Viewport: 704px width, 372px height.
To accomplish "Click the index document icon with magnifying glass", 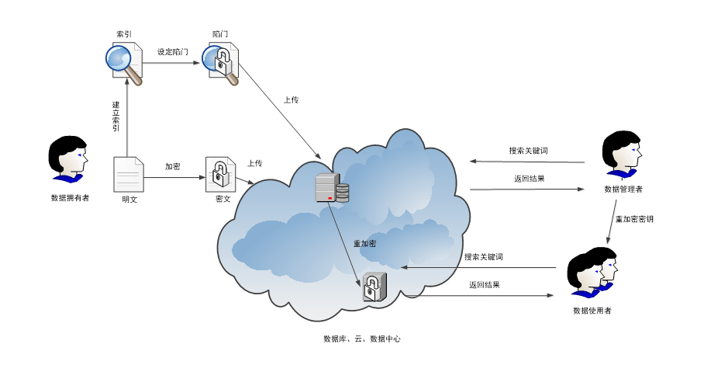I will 124,63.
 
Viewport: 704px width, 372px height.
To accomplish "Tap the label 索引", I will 123,34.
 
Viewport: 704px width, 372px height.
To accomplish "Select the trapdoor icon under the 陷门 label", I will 219,63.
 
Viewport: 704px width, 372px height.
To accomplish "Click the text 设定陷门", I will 172,52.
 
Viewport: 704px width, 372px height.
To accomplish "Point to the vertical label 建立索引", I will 116,116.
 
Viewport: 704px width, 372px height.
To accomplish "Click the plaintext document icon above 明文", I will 129,174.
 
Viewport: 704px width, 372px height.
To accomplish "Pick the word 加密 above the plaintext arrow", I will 172,166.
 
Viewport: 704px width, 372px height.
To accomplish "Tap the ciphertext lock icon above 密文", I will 220,174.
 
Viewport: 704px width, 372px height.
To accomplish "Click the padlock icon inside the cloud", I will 374,287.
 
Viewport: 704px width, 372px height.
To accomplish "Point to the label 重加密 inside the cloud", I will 364,244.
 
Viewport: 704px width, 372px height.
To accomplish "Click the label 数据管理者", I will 623,189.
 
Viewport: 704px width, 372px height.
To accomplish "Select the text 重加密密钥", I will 634,219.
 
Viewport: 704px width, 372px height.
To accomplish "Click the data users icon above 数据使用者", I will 592,273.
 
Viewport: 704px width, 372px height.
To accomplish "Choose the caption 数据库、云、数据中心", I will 361,339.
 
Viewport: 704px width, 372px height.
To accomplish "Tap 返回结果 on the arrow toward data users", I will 484,285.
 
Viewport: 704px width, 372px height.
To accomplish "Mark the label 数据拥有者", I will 70,198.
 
